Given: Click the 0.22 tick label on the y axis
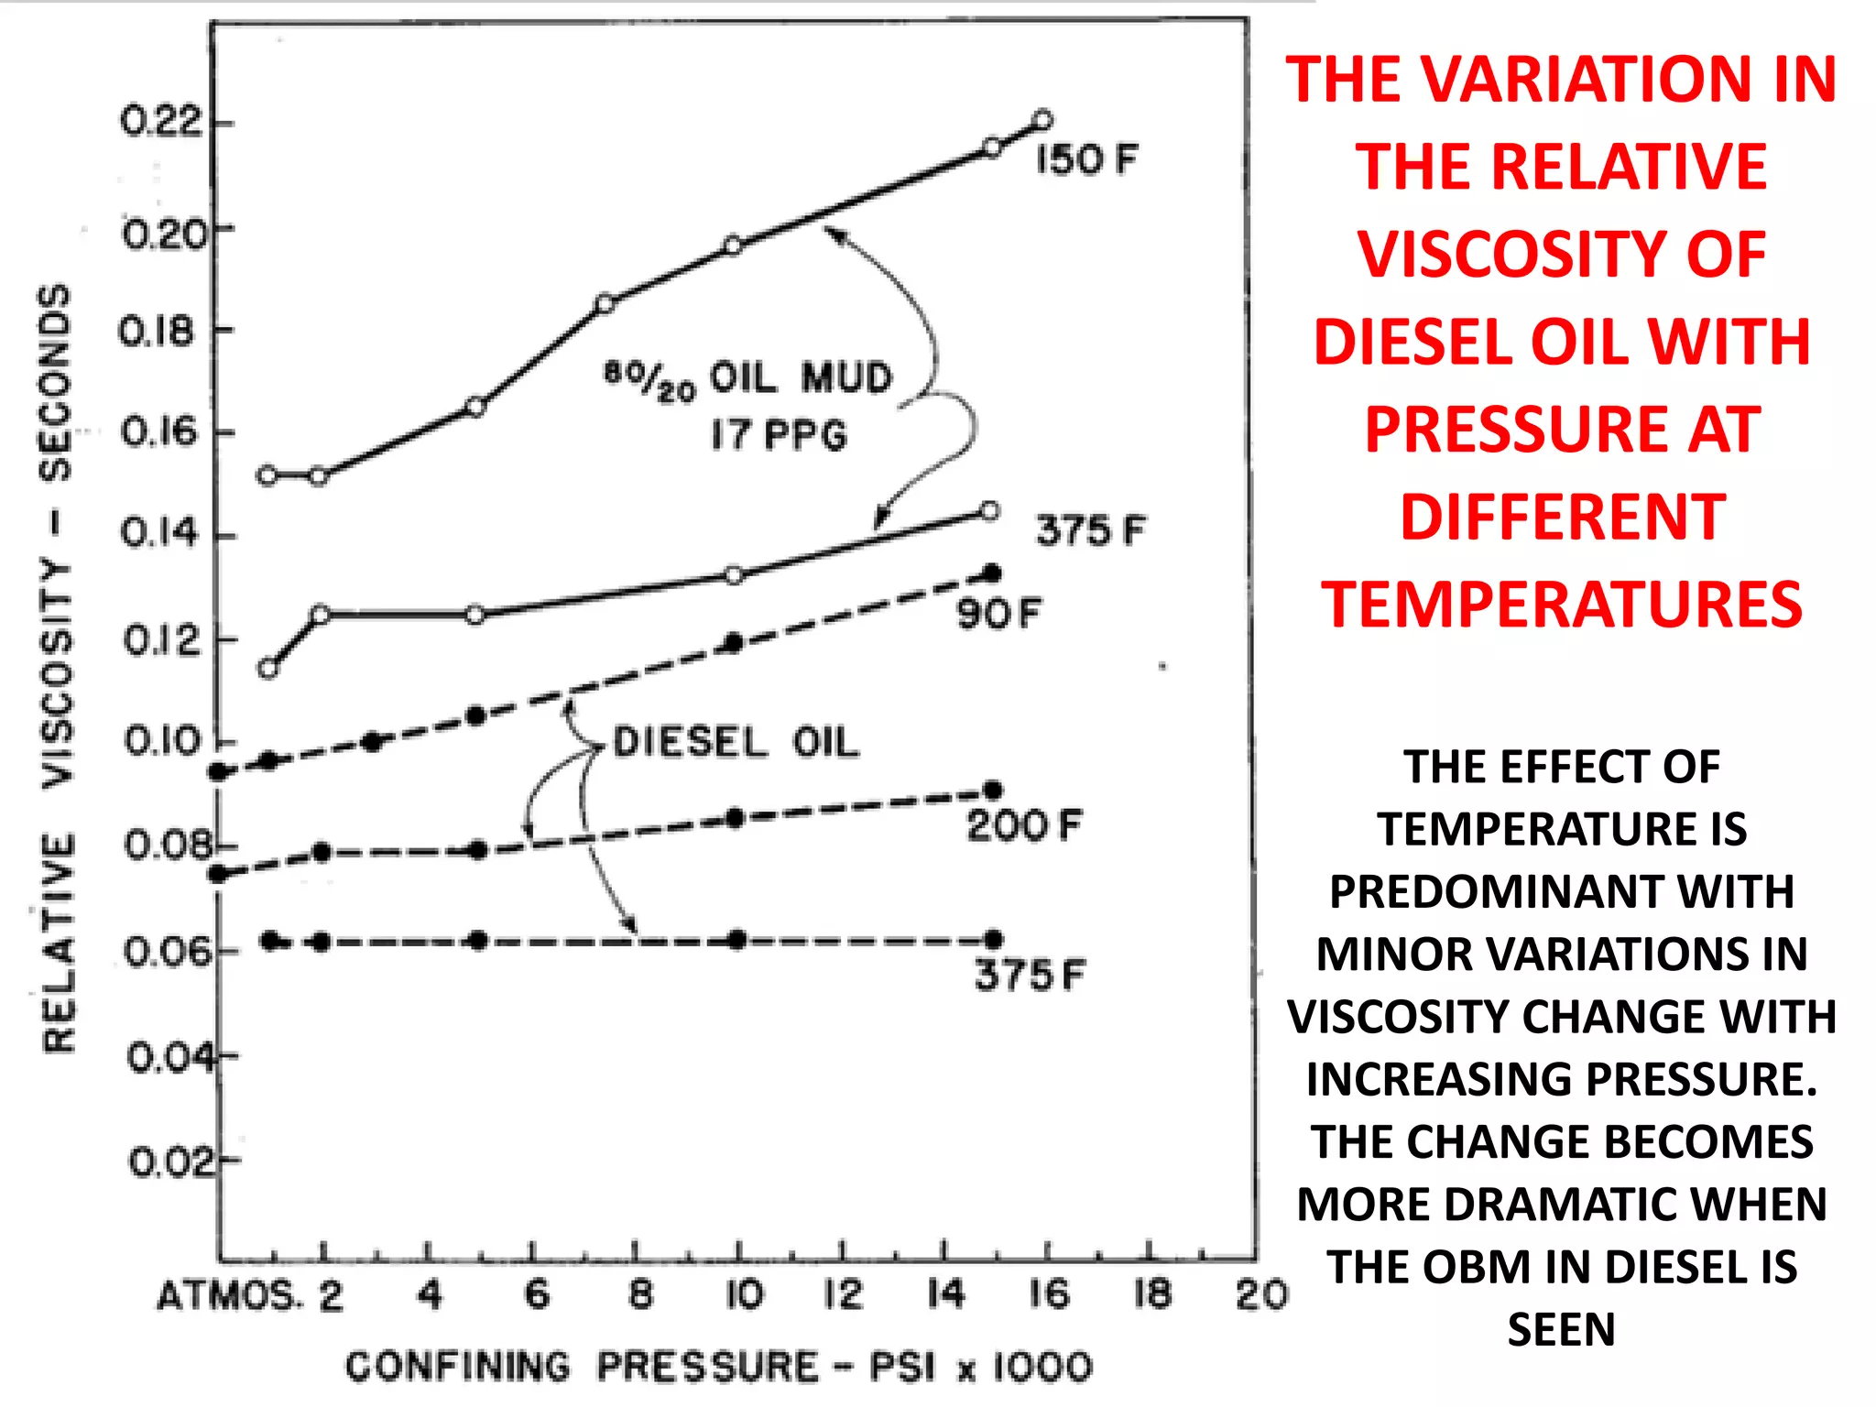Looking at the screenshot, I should tap(160, 122).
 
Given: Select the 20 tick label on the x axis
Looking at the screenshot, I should tap(1261, 1295).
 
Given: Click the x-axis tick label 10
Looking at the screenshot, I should tap(744, 1295).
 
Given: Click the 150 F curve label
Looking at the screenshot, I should tap(1086, 160).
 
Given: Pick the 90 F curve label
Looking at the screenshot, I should tap(999, 614).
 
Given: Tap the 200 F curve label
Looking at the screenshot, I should tap(1024, 826).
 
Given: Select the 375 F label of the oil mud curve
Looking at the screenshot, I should tap(1090, 530).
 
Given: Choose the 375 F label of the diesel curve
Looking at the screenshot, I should tap(1029, 976).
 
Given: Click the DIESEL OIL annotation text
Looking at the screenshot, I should tap(736, 742).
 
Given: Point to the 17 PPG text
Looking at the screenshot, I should tap(780, 434).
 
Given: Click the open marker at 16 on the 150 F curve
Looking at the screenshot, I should tap(1042, 120).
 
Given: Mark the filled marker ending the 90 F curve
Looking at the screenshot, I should tap(991, 573).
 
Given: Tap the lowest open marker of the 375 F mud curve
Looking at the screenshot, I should tap(267, 669).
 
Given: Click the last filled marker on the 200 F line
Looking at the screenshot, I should tap(993, 791).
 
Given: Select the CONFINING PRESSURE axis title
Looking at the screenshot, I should tap(719, 1367).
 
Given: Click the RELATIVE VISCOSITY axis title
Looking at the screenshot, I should tap(57, 669).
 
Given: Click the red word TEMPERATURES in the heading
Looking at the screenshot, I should tap(1562, 605).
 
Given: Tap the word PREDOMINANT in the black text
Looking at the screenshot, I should tap(1562, 892).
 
